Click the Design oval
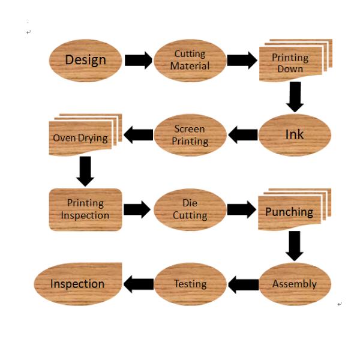(85, 59)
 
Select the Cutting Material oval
(190, 59)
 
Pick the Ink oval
(294, 135)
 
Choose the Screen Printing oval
(190, 135)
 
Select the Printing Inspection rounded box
(85, 209)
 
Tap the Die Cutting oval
(190, 209)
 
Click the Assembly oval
(294, 284)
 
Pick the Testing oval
(190, 284)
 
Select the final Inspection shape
(78, 284)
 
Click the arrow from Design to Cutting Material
(138, 60)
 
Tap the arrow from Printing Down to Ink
(294, 97)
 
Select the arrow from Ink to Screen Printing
(243, 135)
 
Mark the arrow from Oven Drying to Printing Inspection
(86, 171)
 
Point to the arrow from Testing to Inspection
(138, 284)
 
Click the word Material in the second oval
(190, 65)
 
